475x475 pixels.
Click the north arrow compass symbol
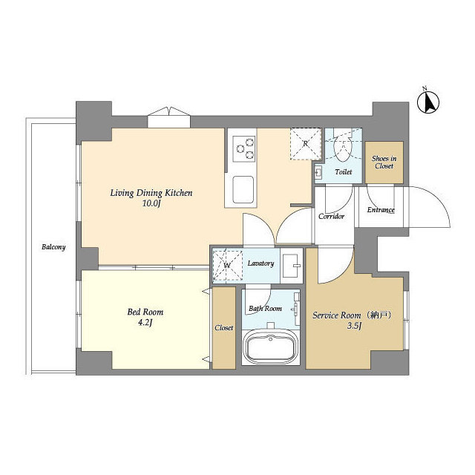[427, 102]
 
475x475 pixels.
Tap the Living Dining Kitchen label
[151, 193]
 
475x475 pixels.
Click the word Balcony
[53, 247]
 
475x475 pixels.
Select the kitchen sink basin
[244, 190]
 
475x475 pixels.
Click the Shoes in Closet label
[384, 162]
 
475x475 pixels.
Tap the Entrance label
[381, 210]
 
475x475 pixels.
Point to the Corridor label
[331, 217]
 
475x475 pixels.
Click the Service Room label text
[347, 315]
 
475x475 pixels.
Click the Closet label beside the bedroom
[223, 327]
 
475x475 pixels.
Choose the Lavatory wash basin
[292, 264]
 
